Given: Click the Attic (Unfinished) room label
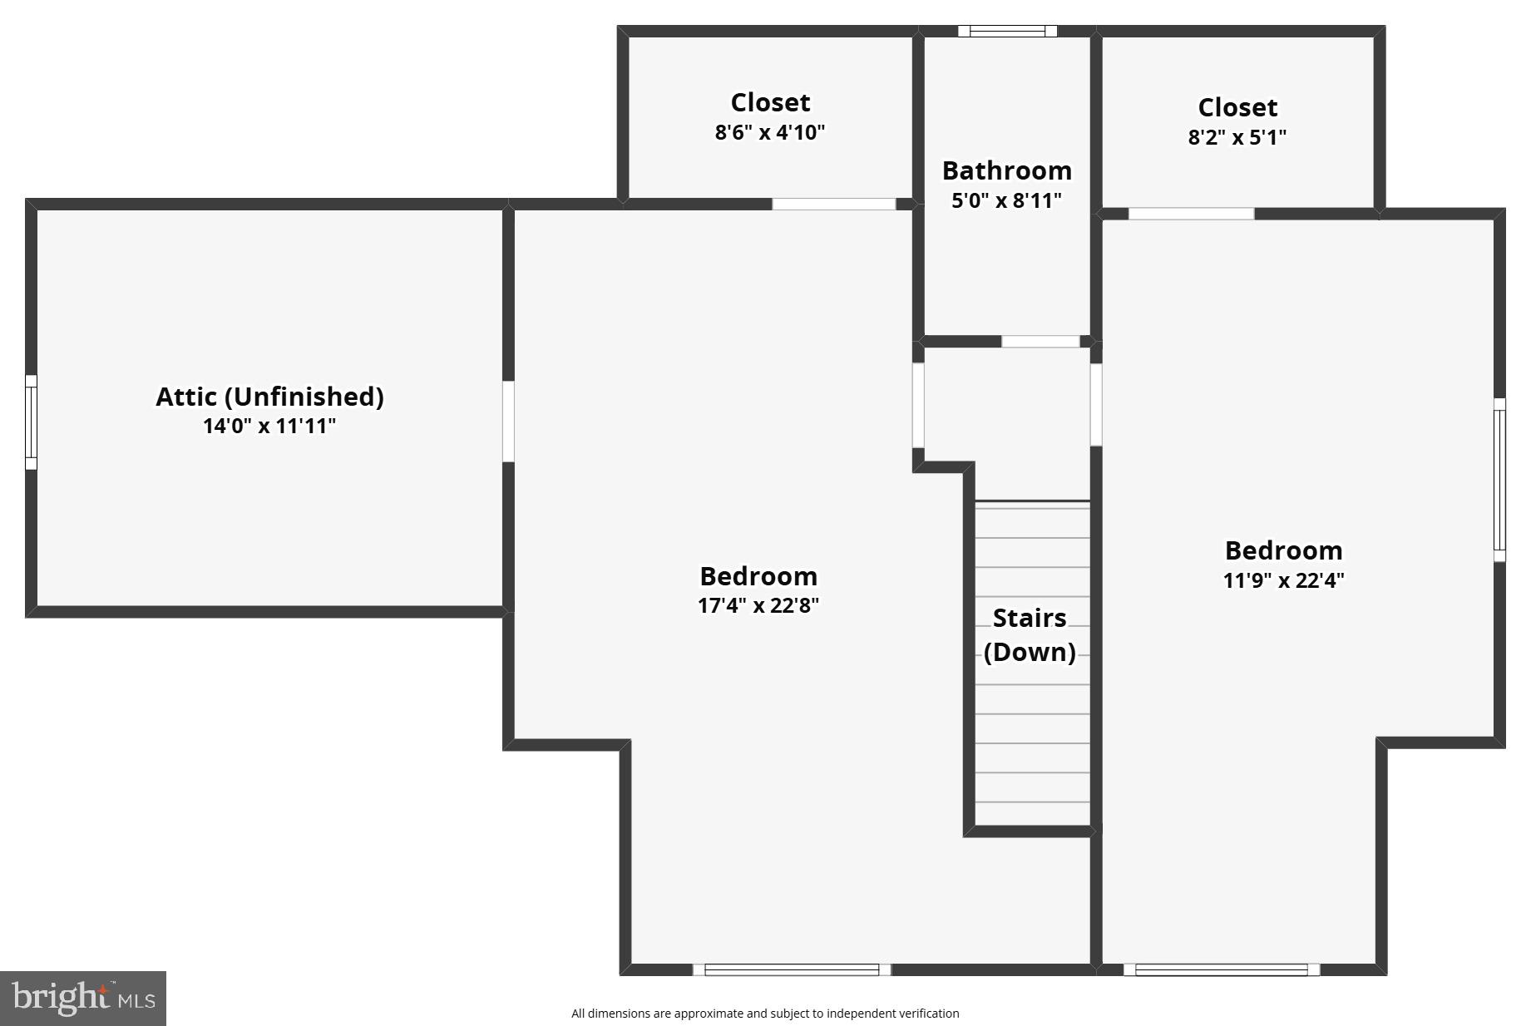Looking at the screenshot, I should coord(269,397).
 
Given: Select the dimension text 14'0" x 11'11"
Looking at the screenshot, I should coord(269,427).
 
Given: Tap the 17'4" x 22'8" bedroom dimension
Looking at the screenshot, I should coord(758,605).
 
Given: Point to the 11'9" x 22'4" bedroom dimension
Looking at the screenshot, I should coord(1283,580).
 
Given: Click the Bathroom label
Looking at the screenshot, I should coord(1006,170).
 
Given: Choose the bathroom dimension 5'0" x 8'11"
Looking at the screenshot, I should coord(1006,200).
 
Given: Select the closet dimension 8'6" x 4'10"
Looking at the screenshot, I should coord(769,132).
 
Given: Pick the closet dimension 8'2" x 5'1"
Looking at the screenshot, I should coord(1237,137).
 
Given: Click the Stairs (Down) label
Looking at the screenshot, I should coord(1030,634).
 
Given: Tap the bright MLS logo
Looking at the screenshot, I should coord(83,997).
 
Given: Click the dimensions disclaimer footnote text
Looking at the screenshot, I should coord(765,1013).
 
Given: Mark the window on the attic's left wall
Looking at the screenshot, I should coord(31,422).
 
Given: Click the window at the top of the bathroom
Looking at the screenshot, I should coord(1007,32).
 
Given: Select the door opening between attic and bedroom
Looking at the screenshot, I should coord(508,422).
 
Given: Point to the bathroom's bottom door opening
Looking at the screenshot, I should coord(1040,342).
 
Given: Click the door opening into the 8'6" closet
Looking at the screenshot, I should coord(833,205).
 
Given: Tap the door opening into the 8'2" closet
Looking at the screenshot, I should coord(1191,215).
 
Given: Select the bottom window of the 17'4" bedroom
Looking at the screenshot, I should coord(792,969).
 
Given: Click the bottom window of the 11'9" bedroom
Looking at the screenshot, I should coord(1221,969).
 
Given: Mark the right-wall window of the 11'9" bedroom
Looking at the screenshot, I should coord(1499,480).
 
